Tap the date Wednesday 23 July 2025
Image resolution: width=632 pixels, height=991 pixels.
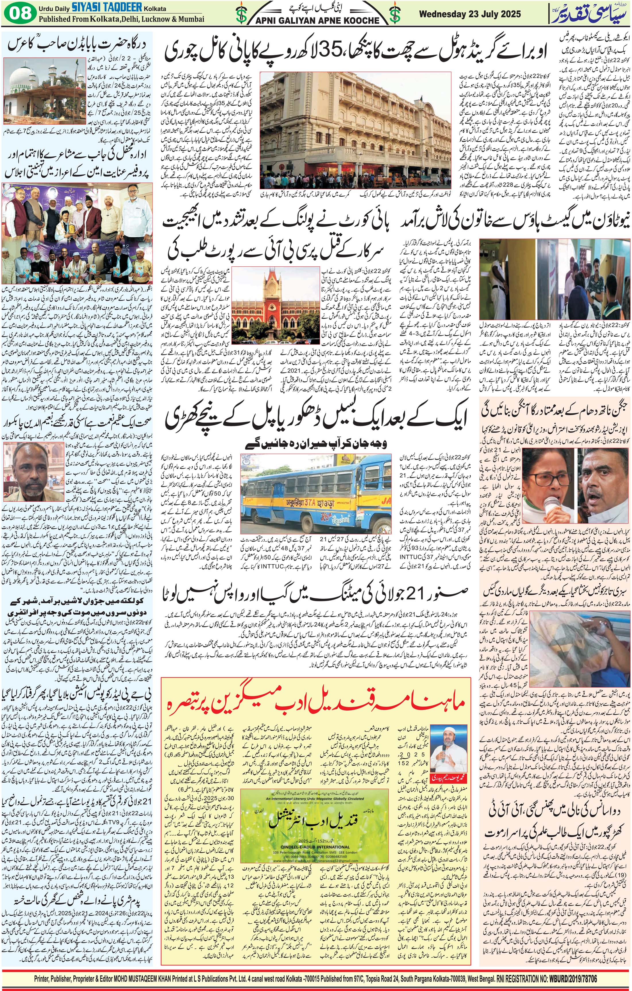(470, 14)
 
